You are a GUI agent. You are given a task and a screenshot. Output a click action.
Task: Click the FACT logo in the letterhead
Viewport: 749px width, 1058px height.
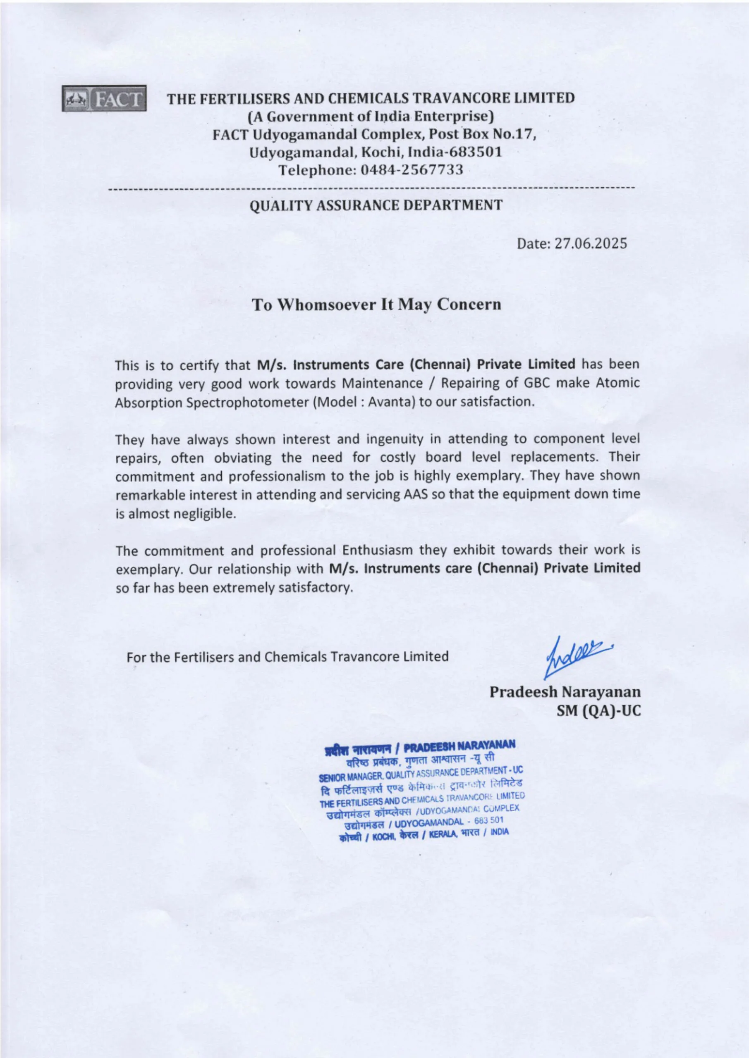point(104,98)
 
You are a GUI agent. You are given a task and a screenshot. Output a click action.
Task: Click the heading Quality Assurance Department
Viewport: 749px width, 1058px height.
point(376,205)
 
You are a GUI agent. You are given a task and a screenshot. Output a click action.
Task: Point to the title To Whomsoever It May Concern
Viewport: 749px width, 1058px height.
point(376,305)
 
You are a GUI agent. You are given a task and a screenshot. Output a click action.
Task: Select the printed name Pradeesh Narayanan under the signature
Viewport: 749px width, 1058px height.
point(565,692)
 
